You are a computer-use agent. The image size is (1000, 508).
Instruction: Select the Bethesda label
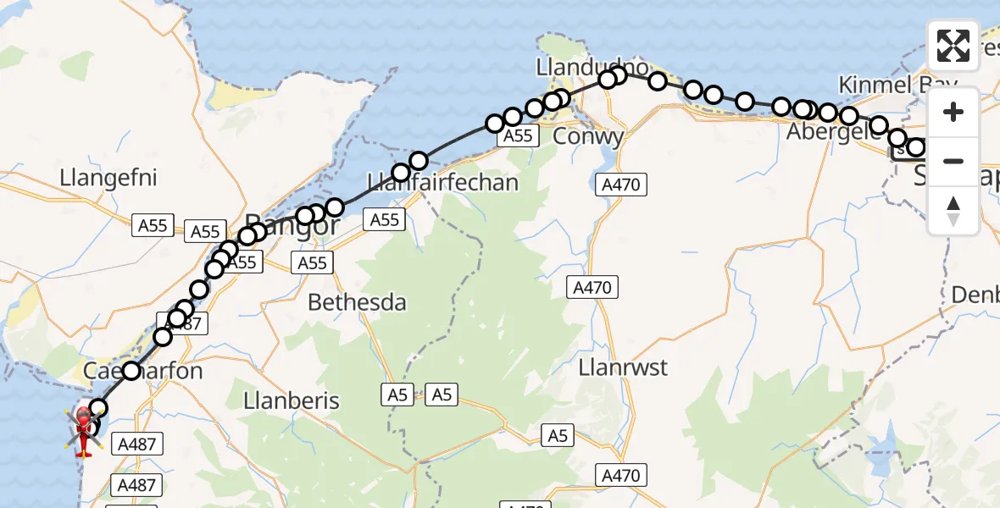point(357,302)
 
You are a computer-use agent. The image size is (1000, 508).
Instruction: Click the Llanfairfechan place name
point(443,181)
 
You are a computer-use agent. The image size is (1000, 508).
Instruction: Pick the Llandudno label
point(592,66)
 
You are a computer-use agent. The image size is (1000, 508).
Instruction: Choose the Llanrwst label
point(623,368)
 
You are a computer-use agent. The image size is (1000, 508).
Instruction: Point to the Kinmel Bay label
point(897,85)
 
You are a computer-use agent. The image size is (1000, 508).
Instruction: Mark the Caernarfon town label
point(143,372)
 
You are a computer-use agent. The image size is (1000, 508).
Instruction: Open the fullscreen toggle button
point(953,46)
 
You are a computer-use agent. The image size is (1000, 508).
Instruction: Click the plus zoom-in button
point(953,112)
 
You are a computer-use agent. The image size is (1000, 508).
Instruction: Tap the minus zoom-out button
point(953,161)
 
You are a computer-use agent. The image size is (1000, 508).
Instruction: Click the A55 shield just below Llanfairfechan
point(385,220)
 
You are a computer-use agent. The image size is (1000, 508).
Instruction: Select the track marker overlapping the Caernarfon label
point(131,370)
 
